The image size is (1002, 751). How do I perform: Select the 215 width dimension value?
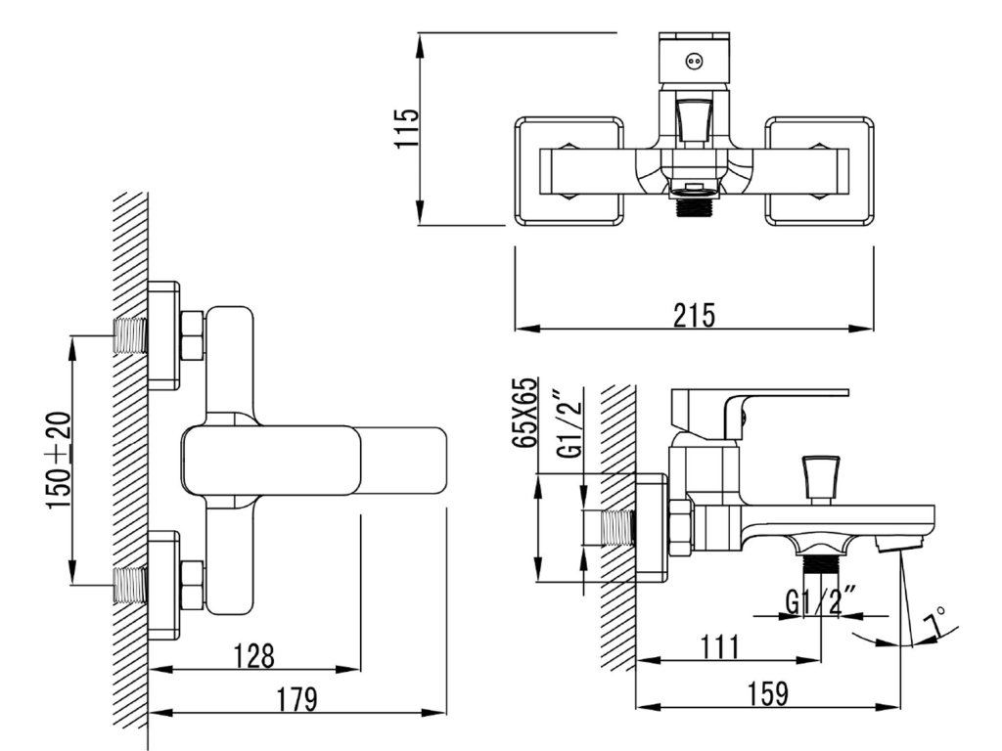[x=694, y=316]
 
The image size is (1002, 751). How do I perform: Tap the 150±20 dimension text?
[x=60, y=460]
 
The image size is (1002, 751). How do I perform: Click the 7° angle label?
[x=935, y=622]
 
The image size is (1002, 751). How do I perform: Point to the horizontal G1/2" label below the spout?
[x=820, y=597]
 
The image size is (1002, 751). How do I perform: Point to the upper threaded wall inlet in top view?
[x=130, y=335]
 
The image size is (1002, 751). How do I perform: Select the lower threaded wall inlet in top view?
[x=130, y=584]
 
